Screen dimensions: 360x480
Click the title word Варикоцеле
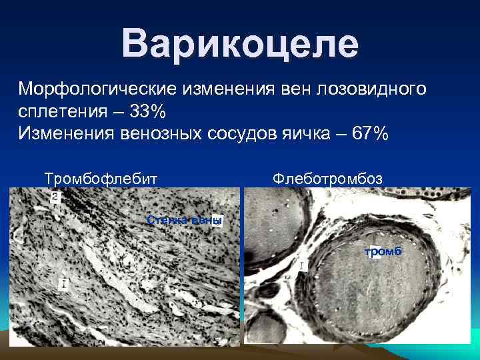tap(240, 44)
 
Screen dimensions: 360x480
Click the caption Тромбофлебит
tap(101, 178)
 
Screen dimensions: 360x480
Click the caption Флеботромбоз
tap(327, 178)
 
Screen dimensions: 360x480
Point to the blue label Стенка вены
tap(184, 221)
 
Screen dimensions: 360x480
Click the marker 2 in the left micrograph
tap(55, 197)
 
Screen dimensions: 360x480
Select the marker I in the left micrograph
tap(63, 285)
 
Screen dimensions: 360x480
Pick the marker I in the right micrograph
tap(301, 266)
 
